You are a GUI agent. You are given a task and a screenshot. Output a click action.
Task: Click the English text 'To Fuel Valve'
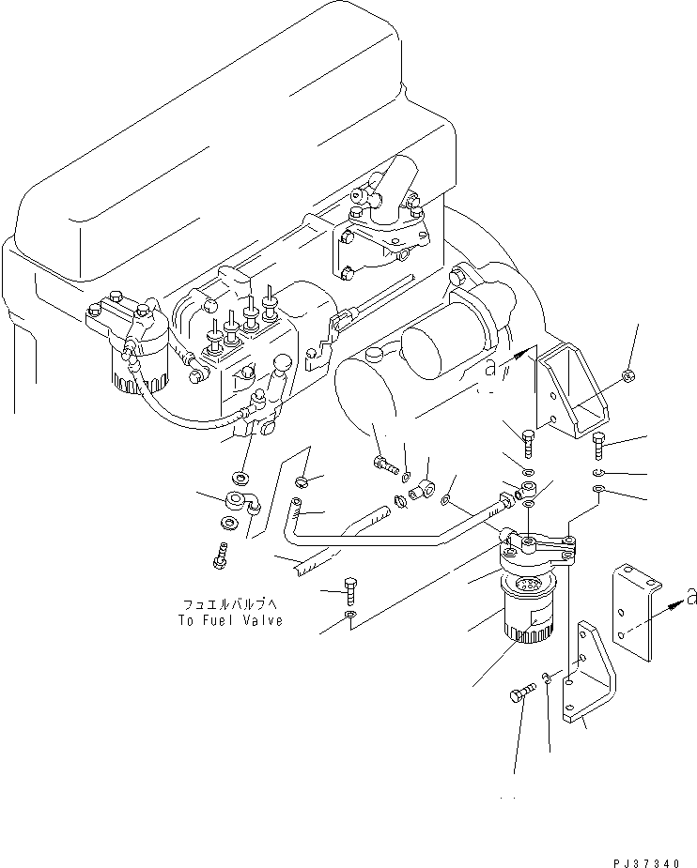tap(230, 620)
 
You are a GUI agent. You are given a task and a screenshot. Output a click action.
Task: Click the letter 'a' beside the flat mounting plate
tap(690, 594)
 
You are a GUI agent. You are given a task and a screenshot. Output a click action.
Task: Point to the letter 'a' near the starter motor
tap(490, 369)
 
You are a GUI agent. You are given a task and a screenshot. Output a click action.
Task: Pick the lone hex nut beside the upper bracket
tap(626, 378)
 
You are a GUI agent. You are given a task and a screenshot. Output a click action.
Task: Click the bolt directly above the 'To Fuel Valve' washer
tap(349, 588)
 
